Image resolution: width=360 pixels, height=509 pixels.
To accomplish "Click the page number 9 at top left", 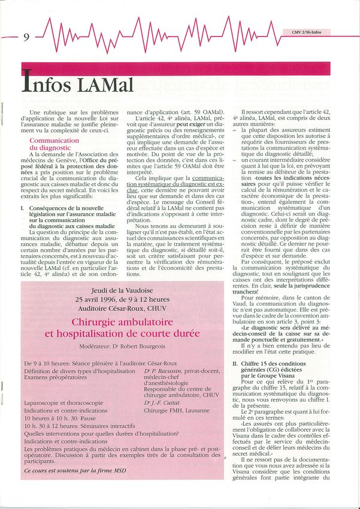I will click(x=26, y=37).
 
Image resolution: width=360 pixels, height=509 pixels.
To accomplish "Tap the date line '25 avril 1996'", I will click(x=122, y=299).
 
